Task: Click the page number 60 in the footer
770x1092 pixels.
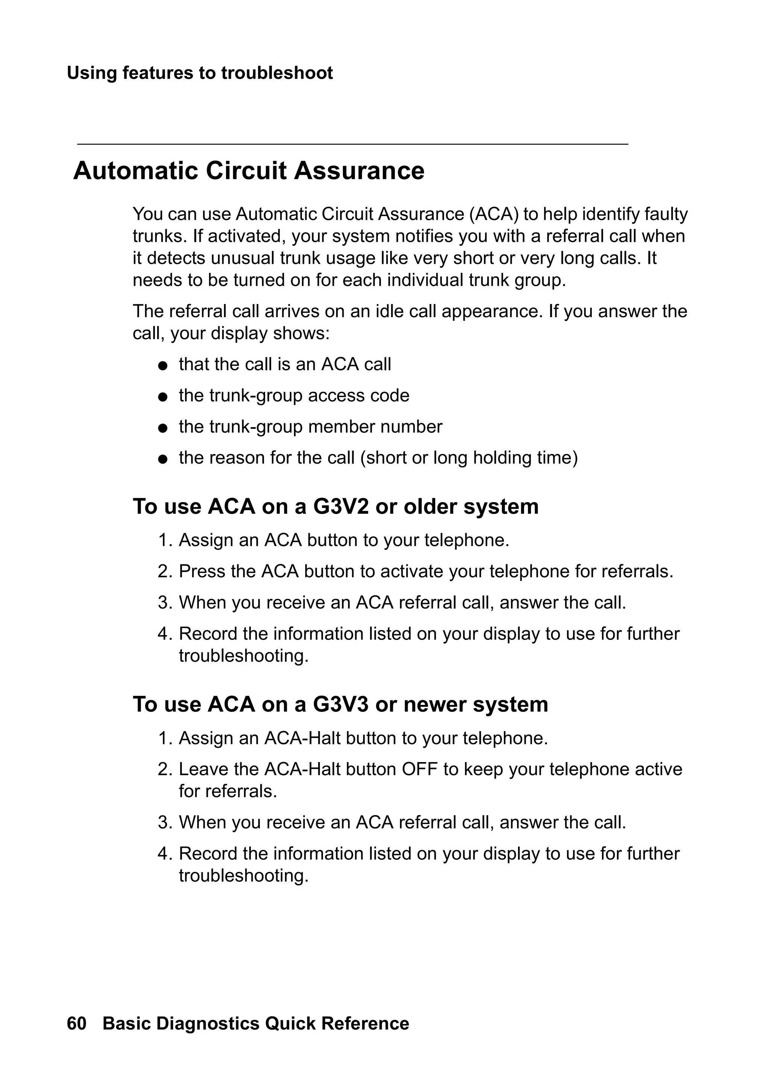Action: pos(77,1024)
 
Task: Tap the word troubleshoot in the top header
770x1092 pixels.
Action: pos(277,73)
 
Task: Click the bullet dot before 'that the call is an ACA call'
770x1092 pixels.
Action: pos(163,366)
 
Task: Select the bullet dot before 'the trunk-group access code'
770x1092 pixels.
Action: pos(163,397)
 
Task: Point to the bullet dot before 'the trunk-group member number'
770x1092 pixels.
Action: pos(163,428)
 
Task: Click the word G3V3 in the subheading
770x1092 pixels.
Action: pos(341,704)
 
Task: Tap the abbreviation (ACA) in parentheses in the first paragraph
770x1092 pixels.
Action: pos(494,215)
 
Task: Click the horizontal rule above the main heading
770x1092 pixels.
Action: pos(352,144)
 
